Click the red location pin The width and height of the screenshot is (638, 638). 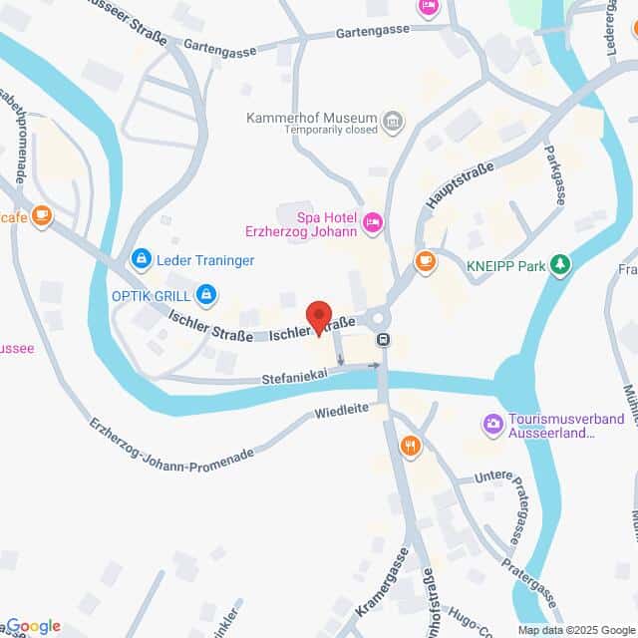click(x=319, y=315)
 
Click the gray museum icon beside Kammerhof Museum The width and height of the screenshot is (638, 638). click(x=394, y=121)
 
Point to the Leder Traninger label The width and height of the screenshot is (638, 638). click(x=204, y=261)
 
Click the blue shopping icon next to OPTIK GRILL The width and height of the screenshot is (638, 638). click(x=206, y=294)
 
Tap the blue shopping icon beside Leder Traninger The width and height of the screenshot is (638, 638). click(x=141, y=261)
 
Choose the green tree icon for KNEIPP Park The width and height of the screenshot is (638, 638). click(x=562, y=264)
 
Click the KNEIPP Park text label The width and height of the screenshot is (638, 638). click(x=506, y=265)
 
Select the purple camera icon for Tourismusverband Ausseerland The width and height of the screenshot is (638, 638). click(x=492, y=425)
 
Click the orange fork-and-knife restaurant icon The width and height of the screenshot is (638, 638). click(x=408, y=445)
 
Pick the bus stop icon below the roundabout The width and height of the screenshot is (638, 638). click(x=383, y=340)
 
